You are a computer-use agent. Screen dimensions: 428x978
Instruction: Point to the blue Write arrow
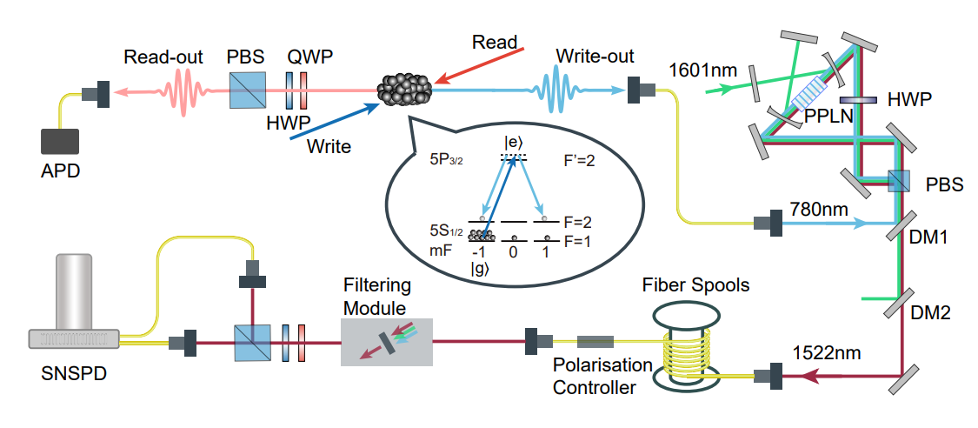(336, 121)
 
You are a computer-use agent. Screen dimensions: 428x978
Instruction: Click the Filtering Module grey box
(386, 341)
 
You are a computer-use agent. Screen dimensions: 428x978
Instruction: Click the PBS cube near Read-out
(247, 90)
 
